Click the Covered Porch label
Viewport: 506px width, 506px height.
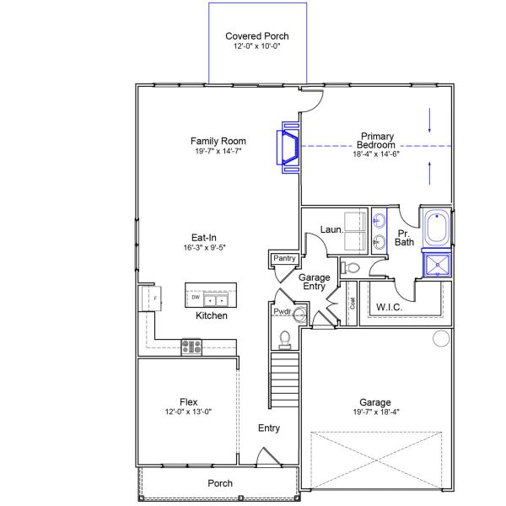tap(257, 36)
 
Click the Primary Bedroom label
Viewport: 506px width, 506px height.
tap(377, 140)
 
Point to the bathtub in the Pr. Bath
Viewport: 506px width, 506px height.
tap(436, 229)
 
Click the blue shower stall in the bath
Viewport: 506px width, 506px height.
tap(437, 266)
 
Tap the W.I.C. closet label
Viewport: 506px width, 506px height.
tap(389, 306)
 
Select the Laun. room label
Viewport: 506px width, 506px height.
tap(330, 229)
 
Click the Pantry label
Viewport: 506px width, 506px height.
tap(282, 259)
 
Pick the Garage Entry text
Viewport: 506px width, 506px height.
tap(314, 283)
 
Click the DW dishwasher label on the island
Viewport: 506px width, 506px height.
tap(195, 298)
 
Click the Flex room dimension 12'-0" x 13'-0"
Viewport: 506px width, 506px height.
tap(189, 412)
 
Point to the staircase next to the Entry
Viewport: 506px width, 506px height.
tap(285, 371)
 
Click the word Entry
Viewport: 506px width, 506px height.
tap(269, 428)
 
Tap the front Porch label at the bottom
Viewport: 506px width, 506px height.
tap(220, 483)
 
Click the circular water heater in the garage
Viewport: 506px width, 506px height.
tap(440, 339)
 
